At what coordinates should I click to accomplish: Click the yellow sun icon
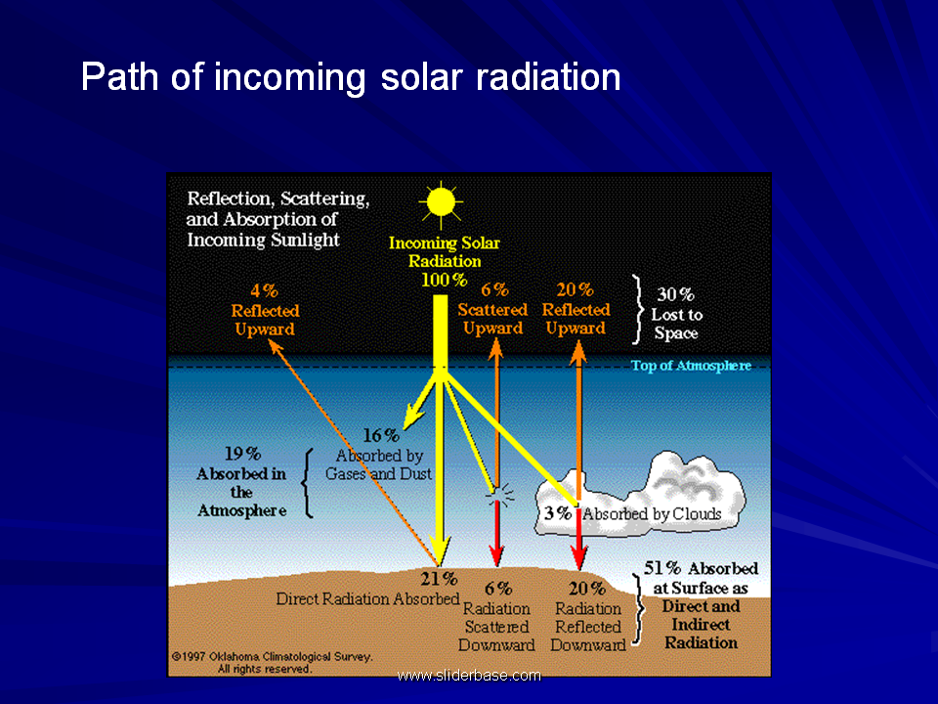coord(441,204)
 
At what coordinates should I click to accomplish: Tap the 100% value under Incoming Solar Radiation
coord(444,281)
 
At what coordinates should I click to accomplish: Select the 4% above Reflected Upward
coord(265,291)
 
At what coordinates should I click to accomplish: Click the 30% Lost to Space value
coord(675,294)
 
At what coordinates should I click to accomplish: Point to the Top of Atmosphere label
coord(691,365)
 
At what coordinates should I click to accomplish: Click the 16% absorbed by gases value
coord(381,435)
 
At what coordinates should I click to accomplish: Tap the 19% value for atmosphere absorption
coord(242,454)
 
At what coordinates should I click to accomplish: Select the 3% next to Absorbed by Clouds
coord(558,513)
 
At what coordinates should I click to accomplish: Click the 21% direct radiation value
coord(439,579)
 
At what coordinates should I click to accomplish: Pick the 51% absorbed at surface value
coord(662,568)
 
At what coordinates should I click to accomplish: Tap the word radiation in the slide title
coord(548,77)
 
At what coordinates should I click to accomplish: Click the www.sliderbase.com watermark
coord(469,676)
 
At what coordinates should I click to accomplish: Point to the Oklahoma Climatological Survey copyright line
coord(273,657)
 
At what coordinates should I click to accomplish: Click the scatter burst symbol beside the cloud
coord(500,493)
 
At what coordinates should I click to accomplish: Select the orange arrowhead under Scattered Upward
coord(495,348)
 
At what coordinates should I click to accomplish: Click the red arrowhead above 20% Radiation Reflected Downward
coord(578,559)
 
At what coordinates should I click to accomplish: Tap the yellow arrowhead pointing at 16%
coord(413,417)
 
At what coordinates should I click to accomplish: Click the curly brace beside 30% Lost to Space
coord(638,310)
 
